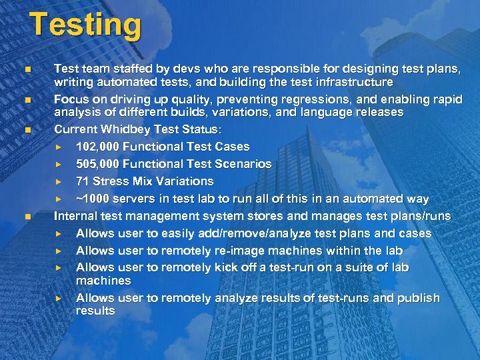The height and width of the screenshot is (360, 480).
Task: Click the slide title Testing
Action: [x=85, y=25]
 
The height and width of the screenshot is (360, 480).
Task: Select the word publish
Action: [x=419, y=298]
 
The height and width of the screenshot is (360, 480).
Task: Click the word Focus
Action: [x=71, y=99]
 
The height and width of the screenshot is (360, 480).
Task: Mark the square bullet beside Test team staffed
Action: [x=26, y=69]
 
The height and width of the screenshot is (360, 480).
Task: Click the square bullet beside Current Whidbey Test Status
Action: [x=26, y=130]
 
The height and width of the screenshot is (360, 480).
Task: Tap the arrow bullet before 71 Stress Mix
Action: [x=59, y=181]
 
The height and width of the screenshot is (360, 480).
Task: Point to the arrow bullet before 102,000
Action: [x=59, y=147]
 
